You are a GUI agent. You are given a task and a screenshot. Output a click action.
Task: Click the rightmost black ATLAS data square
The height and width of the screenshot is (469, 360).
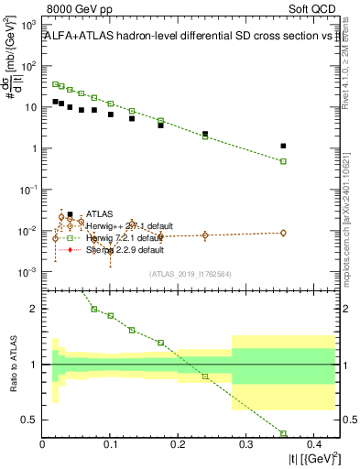pyautogui.click(x=283, y=146)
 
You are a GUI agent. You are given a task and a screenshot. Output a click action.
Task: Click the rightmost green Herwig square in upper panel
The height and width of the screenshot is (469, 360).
pyautogui.click(x=283, y=161)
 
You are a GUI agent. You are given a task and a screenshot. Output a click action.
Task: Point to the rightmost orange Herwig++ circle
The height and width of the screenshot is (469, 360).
pyautogui.click(x=283, y=233)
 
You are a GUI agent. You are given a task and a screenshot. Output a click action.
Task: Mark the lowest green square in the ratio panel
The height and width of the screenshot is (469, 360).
pyautogui.click(x=283, y=433)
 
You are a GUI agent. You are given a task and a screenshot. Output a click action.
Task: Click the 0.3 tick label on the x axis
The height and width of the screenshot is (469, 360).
pyautogui.click(x=245, y=445)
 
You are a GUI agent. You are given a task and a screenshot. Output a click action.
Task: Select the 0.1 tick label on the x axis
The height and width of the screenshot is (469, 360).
pyautogui.click(x=110, y=445)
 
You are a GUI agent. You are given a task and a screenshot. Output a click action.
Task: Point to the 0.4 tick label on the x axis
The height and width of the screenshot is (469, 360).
pyautogui.click(x=313, y=445)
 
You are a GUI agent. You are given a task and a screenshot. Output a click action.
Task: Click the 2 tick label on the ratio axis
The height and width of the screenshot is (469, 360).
pyautogui.click(x=35, y=309)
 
